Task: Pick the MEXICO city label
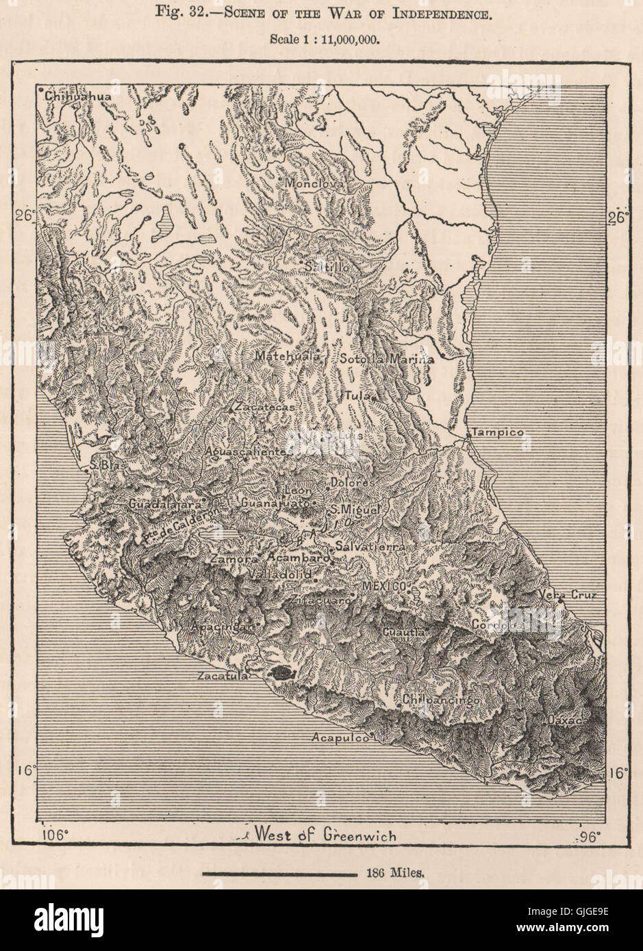tap(385, 586)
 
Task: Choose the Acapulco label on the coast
tap(340, 738)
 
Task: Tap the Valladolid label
tap(279, 575)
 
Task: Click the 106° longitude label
tap(58, 836)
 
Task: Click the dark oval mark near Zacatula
tap(281, 673)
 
